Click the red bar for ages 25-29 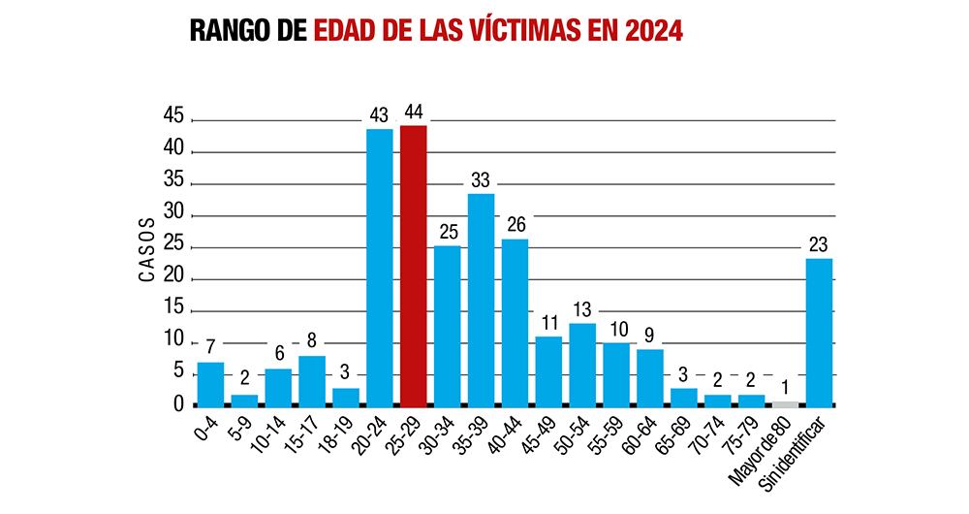pyautogui.click(x=413, y=266)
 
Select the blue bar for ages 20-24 pyautogui.click(x=379, y=268)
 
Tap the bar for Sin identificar pyautogui.click(x=819, y=332)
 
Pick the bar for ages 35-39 pyautogui.click(x=481, y=300)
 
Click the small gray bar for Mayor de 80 pyautogui.click(x=786, y=403)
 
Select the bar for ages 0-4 pyautogui.click(x=210, y=384)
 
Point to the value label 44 pyautogui.click(x=414, y=112)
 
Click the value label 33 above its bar pyautogui.click(x=482, y=179)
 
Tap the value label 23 pyautogui.click(x=820, y=244)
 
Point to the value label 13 pyautogui.click(x=582, y=309)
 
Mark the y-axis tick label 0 pyautogui.click(x=178, y=403)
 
